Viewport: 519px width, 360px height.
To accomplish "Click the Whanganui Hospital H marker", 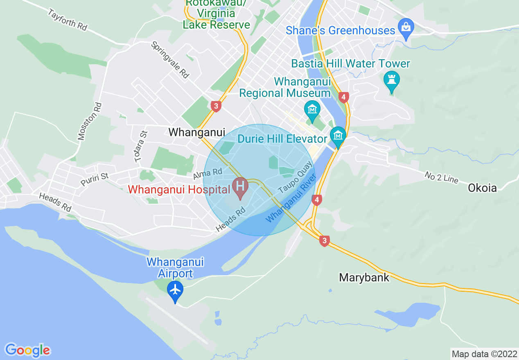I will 240,187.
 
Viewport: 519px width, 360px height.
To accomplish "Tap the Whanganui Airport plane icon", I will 175,290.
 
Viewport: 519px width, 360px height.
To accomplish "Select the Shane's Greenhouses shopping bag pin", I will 406,28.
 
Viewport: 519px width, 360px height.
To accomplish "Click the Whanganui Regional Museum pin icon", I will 312,110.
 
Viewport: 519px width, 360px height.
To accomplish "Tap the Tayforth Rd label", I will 67,20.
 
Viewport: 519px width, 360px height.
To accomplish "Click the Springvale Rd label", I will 170,60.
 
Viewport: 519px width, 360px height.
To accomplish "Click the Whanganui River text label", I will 291,198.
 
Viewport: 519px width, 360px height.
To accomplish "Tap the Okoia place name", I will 482,188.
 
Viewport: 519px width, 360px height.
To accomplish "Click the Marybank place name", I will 364,278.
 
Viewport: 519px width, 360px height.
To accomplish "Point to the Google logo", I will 28,350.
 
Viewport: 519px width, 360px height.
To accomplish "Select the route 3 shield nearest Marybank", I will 324,241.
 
